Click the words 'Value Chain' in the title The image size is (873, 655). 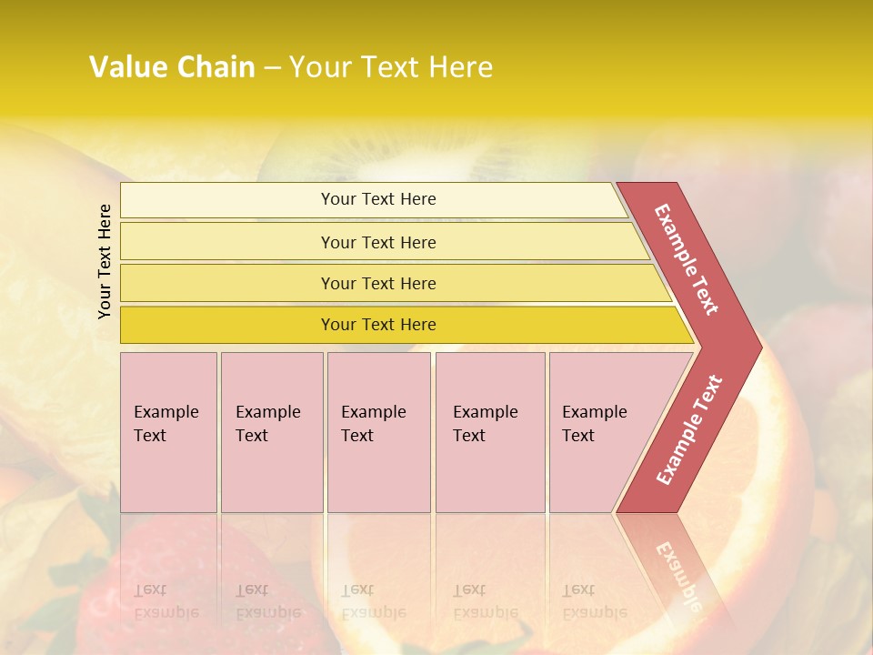pyautogui.click(x=172, y=66)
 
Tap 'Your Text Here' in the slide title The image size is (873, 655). pyautogui.click(x=391, y=66)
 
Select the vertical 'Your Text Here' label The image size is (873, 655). pyautogui.click(x=105, y=261)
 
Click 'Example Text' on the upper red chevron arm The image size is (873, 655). pyautogui.click(x=687, y=259)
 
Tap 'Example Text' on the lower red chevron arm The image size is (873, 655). pyautogui.click(x=688, y=430)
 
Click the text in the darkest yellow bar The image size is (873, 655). pyautogui.click(x=378, y=325)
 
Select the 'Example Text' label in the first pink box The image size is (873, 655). pyautogui.click(x=166, y=423)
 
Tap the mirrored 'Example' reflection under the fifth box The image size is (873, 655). pyautogui.click(x=595, y=612)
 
